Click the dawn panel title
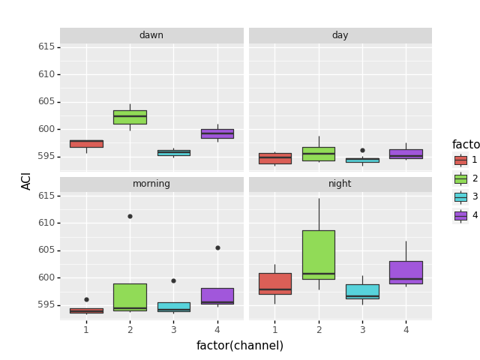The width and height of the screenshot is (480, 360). coord(151,35)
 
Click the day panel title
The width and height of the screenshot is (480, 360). coord(340,35)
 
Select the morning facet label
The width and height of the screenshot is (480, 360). coord(151,184)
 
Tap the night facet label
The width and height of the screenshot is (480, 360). coord(340,184)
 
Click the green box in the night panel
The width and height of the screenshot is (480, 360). coord(319,254)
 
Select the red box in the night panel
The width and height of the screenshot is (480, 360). coord(274,283)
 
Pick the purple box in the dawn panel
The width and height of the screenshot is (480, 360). coord(217,133)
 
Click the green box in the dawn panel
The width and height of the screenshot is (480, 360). coord(130,117)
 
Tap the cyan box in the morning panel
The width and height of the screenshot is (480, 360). coord(173,307)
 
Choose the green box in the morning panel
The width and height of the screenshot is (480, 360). coord(130,297)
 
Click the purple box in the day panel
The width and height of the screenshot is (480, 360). coord(406,154)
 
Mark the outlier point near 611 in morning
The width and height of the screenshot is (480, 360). coord(130,216)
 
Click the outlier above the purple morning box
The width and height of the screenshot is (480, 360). coord(217,247)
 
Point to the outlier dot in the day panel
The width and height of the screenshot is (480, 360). coord(362,150)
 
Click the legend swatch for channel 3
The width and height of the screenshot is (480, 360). coord(460,196)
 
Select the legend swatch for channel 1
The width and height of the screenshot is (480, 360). coord(460,160)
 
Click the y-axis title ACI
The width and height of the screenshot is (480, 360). coord(27,181)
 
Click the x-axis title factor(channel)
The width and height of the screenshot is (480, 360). coord(240,346)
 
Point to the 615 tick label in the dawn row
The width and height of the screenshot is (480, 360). coord(46,46)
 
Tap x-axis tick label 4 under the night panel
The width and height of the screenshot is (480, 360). coord(406,330)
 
